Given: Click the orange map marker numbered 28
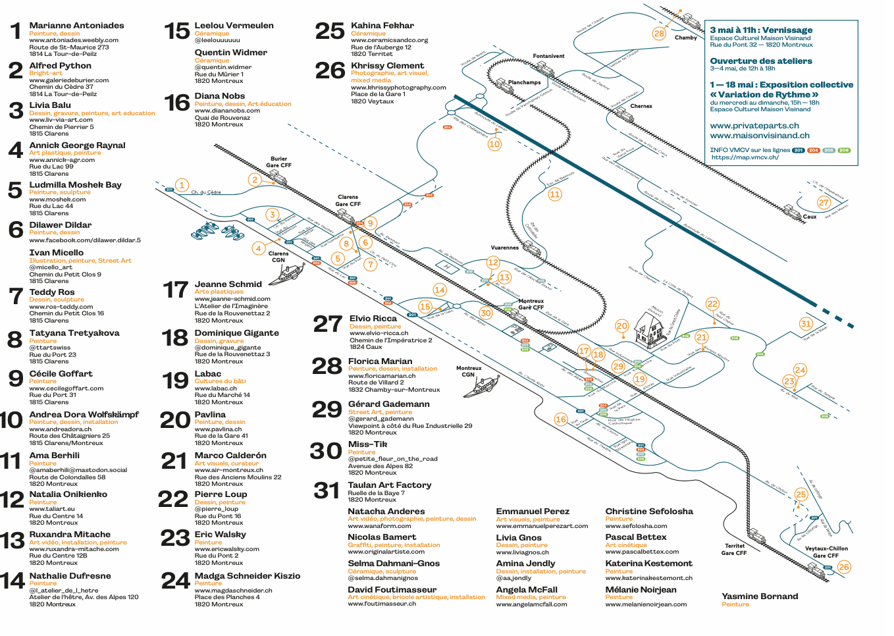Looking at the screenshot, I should [x=659, y=34].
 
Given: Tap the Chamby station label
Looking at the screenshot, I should [x=685, y=38].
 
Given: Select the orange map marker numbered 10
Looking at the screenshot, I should [x=494, y=144].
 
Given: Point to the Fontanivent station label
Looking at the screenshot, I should [x=548, y=56].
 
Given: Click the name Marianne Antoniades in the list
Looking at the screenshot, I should [x=76, y=26].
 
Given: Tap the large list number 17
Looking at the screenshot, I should [x=176, y=290].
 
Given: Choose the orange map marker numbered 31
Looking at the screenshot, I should [x=806, y=323].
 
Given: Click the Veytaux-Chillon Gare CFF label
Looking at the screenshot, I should [x=826, y=552].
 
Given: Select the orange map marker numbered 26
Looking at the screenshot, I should [x=844, y=566].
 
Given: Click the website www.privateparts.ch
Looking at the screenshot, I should [x=754, y=126].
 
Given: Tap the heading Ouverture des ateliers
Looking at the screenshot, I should [x=760, y=61].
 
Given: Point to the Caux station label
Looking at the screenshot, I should [x=809, y=217].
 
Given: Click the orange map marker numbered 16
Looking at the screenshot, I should [x=560, y=419].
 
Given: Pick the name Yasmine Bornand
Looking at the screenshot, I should [x=760, y=596].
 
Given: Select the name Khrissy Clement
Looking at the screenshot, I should [x=387, y=66].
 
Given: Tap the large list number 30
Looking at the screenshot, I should [x=326, y=451].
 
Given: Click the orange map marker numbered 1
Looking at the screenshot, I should [x=182, y=185].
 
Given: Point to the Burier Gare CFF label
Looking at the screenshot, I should [x=278, y=162].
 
